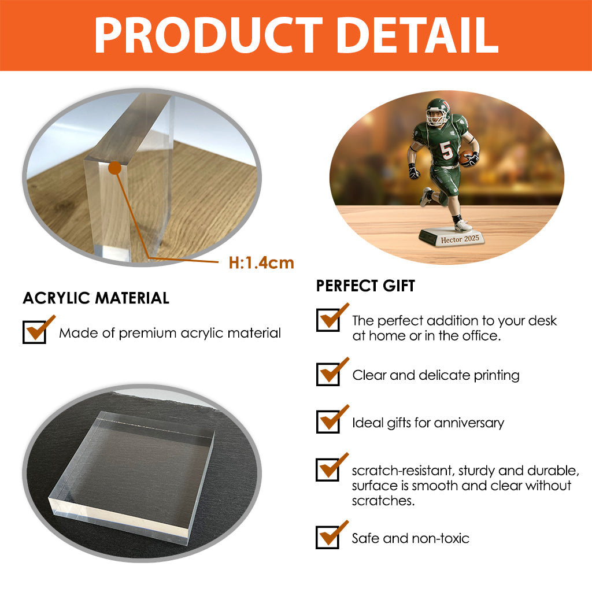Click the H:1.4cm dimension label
[261, 263]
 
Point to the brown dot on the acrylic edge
[114, 168]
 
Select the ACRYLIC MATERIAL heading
[96, 298]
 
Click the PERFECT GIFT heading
[365, 286]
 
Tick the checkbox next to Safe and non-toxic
[328, 538]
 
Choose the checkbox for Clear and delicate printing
[328, 375]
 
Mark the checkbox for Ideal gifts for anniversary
[328, 422]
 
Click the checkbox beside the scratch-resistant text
[328, 469]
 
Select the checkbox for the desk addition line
[328, 320]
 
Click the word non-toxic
[441, 538]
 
